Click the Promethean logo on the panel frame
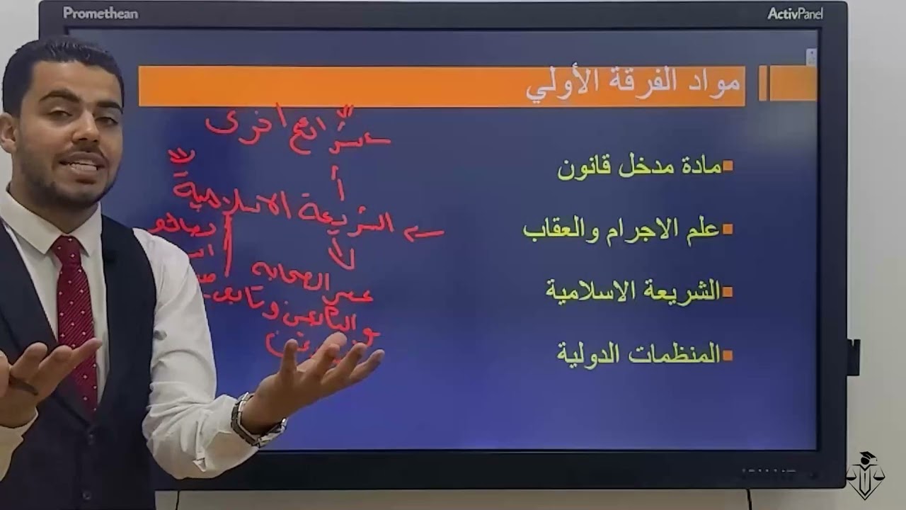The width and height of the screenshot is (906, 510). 101,13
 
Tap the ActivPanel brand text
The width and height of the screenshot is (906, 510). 795,13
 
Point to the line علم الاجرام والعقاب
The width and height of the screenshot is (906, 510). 621,229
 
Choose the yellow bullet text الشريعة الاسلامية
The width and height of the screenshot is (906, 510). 633,290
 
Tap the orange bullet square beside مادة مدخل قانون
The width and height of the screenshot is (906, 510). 728,167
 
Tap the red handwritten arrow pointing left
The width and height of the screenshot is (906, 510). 424,233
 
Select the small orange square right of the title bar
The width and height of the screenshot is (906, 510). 793,84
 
